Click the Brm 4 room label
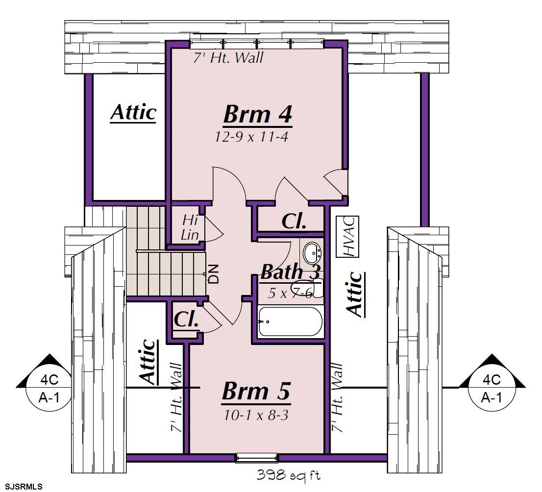[258, 115]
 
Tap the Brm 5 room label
[256, 392]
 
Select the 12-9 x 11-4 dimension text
[251, 137]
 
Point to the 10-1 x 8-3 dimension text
[256, 415]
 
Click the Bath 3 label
[291, 272]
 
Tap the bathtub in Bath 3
[290, 321]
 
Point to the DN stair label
[214, 274]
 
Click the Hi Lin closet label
[190, 227]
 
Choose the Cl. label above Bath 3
[294, 221]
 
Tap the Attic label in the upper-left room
[133, 112]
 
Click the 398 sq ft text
[288, 475]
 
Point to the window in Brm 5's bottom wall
[256, 458]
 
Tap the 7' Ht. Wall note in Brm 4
[228, 57]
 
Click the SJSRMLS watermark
[22, 487]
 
